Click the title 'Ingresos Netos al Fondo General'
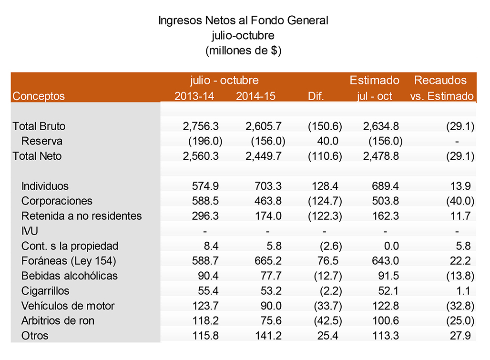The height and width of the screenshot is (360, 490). [243, 21]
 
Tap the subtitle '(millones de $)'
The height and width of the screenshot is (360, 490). [243, 51]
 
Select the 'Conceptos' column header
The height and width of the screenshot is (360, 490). [39, 96]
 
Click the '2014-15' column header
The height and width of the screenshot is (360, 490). [255, 96]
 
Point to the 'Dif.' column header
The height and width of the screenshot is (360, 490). [316, 96]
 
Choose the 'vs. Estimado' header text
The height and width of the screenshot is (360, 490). [442, 96]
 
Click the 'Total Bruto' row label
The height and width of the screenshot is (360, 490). [39, 126]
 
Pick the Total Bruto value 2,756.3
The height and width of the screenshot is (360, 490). [200, 126]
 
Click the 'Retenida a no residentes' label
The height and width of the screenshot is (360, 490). [82, 216]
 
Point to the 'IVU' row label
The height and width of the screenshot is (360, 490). [30, 231]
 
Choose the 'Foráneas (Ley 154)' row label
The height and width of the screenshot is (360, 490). [69, 261]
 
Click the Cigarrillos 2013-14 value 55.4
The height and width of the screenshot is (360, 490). [206, 291]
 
